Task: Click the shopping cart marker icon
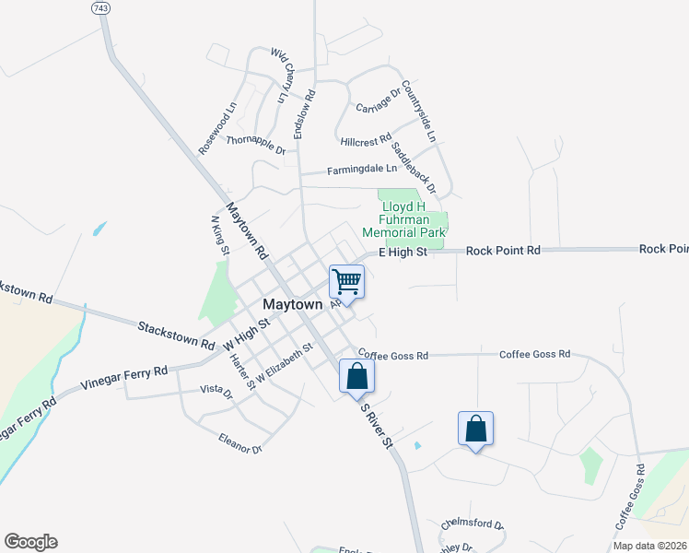tap(347, 281)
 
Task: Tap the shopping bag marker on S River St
tap(356, 376)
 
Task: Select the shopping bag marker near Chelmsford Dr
tap(475, 429)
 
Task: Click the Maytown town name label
tap(293, 304)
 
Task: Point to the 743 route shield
tap(100, 7)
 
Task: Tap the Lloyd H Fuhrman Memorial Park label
tap(403, 220)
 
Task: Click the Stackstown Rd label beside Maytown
tap(176, 334)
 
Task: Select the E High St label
tap(404, 252)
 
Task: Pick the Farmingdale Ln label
tap(362, 170)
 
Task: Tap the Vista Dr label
tap(216, 390)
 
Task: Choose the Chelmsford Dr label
tap(472, 526)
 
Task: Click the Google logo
tap(30, 542)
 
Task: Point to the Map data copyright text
tap(648, 546)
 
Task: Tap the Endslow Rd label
tap(305, 114)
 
